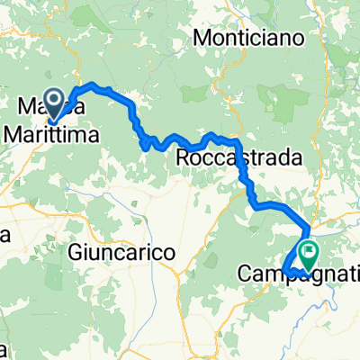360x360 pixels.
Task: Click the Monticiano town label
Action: tap(250, 40)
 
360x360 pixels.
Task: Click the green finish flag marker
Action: tap(308, 255)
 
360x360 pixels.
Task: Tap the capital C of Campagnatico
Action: tap(246, 272)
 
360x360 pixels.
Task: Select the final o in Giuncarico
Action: tap(166, 256)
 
